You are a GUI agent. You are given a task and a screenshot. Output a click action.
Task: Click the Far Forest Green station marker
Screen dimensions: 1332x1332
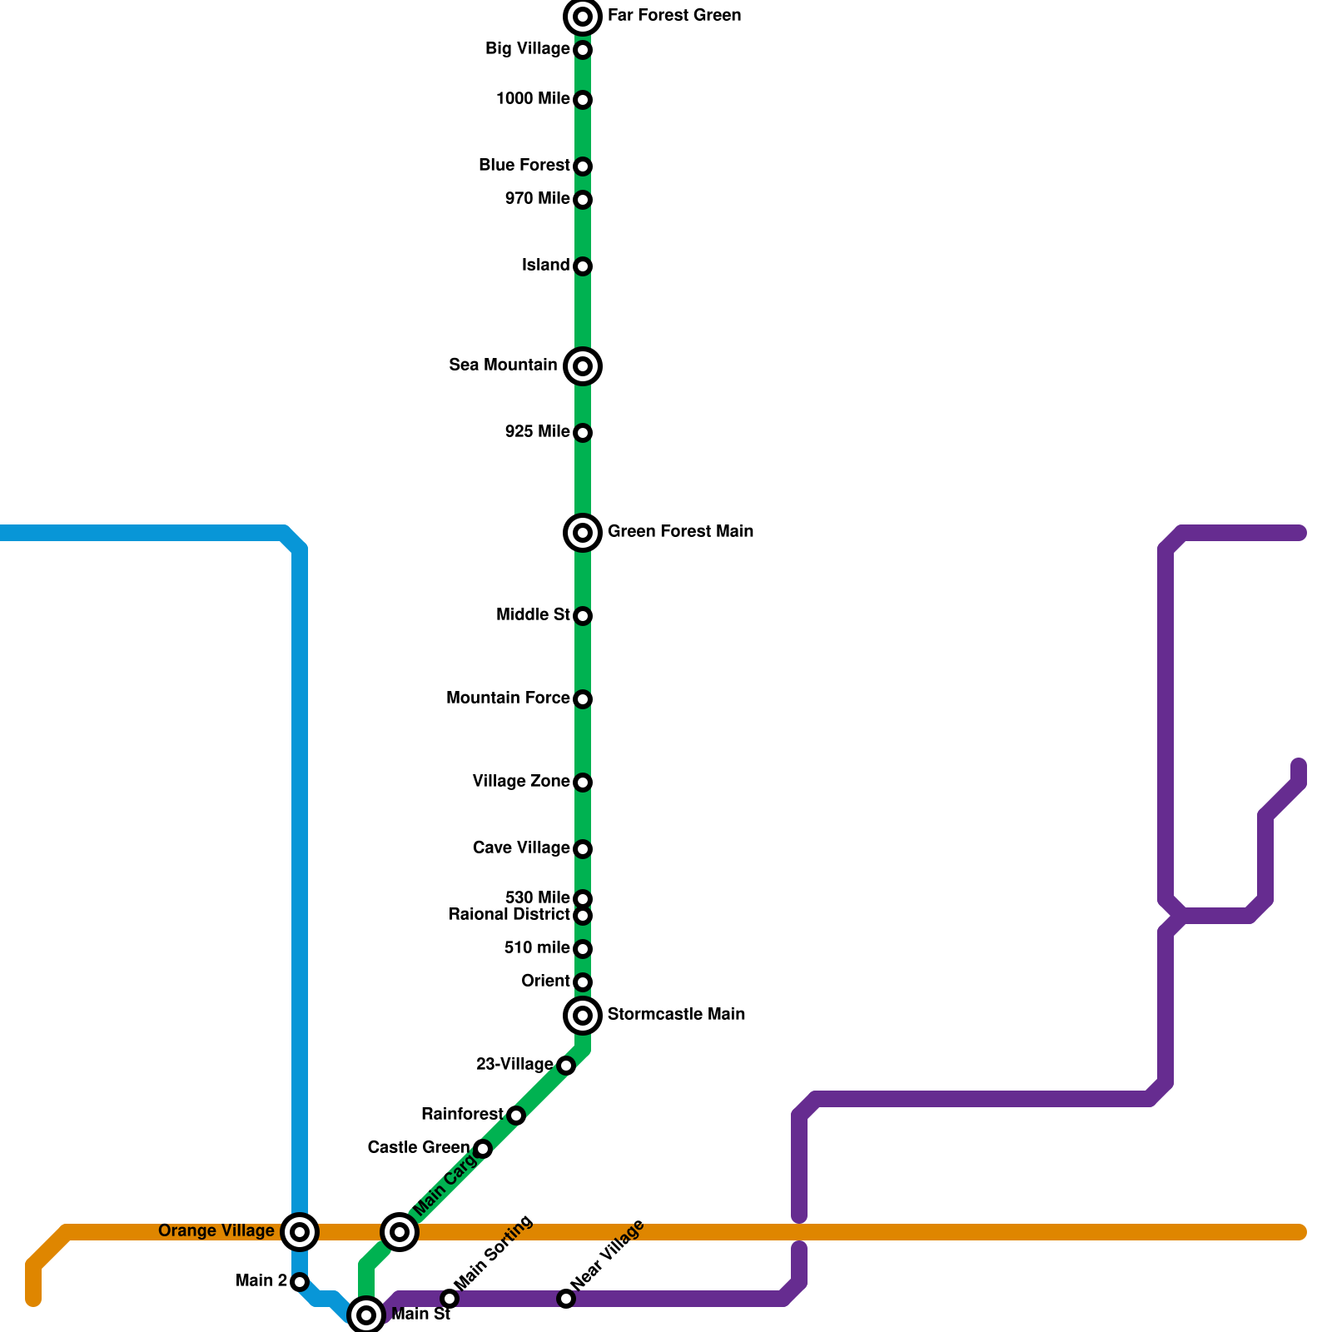[583, 17]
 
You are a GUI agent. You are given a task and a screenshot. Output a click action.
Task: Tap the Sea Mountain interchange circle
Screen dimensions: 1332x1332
[583, 366]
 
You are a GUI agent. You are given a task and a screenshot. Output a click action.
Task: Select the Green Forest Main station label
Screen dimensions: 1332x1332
[680, 531]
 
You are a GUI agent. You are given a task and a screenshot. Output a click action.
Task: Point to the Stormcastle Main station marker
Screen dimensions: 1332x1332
[583, 1016]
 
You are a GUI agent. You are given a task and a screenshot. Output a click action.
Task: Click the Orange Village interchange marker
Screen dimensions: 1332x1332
[300, 1232]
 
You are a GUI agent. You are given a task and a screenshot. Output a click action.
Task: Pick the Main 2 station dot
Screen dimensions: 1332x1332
[300, 1282]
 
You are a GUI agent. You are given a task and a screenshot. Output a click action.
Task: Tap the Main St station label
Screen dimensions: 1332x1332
[420, 1315]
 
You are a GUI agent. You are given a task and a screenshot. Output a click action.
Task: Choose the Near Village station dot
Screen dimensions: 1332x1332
[566, 1299]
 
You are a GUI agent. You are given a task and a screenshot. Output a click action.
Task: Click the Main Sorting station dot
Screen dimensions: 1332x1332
[450, 1299]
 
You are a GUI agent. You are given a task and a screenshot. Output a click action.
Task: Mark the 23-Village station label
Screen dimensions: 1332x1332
[514, 1065]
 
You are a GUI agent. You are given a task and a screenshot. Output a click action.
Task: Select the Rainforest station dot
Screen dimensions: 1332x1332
[516, 1116]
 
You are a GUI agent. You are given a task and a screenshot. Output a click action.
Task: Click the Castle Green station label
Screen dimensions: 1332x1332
[418, 1148]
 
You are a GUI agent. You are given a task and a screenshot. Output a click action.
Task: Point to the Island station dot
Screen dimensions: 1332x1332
[583, 266]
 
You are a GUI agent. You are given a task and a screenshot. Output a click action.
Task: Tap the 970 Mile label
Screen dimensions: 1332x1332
[537, 199]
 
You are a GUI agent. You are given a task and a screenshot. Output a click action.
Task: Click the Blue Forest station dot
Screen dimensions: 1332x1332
[583, 166]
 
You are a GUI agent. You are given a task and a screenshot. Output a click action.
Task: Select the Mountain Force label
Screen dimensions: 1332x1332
[508, 698]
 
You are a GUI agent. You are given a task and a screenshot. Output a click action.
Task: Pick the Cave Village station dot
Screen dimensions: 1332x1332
[583, 849]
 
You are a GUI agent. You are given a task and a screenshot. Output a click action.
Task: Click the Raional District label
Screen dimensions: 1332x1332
[509, 915]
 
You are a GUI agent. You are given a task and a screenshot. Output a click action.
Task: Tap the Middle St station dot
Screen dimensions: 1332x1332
[583, 616]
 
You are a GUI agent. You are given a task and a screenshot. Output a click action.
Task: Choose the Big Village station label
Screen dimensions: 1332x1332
[527, 49]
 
